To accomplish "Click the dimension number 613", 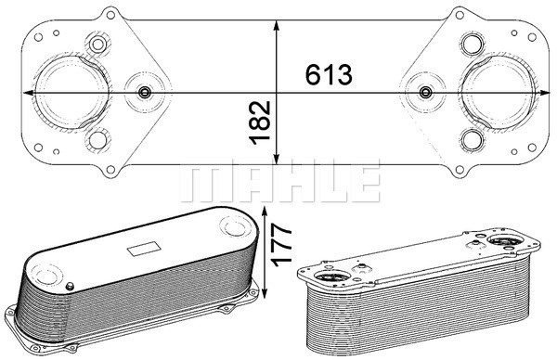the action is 329,74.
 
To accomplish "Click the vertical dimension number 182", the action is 260,123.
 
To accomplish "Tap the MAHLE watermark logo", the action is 280,181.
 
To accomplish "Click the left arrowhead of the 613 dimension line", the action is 28,93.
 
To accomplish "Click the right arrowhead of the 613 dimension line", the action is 545,93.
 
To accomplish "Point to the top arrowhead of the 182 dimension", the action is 277,26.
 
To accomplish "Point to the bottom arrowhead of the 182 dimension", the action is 277,159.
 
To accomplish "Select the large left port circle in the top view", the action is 72,92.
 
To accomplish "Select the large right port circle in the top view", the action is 498,92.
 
